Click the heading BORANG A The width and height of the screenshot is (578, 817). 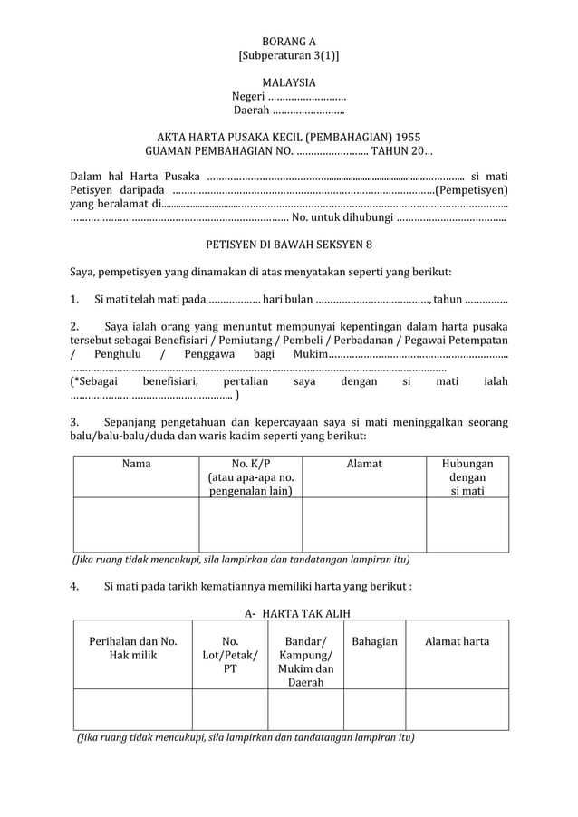pyautogui.click(x=289, y=42)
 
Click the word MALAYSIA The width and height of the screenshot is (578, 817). pyautogui.click(x=289, y=82)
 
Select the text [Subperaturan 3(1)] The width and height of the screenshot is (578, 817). pyautogui.click(x=289, y=56)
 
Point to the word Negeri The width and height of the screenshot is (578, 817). pyautogui.click(x=248, y=97)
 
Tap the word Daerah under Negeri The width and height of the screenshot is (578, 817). pyautogui.click(x=251, y=111)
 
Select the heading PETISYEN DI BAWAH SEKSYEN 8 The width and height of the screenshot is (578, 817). pyautogui.click(x=289, y=245)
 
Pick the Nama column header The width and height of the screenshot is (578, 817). pyautogui.click(x=136, y=464)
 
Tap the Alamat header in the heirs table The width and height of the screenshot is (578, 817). pyautogui.click(x=364, y=464)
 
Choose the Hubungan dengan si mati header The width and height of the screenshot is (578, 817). pyautogui.click(x=467, y=477)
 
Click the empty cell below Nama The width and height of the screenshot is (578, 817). pyautogui.click(x=136, y=524)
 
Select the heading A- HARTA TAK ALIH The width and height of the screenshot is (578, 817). pyautogui.click(x=289, y=613)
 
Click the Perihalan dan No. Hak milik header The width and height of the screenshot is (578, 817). pyautogui.click(x=132, y=649)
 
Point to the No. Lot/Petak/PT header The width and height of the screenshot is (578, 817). pyautogui.click(x=230, y=655)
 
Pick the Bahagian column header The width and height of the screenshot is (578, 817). pyautogui.click(x=374, y=641)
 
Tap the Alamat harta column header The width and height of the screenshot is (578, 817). pyautogui.click(x=457, y=641)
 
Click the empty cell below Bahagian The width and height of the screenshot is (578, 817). pyautogui.click(x=374, y=708)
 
